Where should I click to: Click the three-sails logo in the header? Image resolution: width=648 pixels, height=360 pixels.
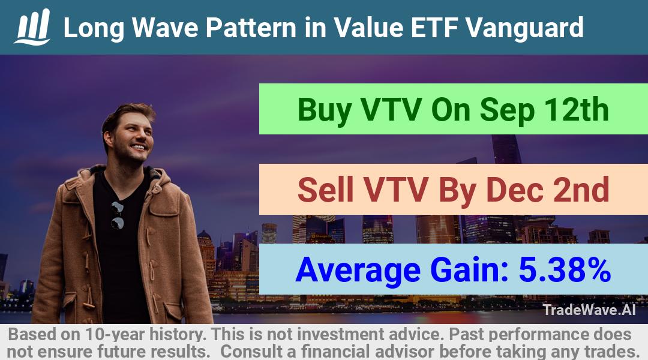coord(32,27)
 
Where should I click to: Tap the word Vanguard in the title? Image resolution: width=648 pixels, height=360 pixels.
coord(524,28)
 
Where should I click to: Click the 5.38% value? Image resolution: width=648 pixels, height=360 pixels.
coord(565,269)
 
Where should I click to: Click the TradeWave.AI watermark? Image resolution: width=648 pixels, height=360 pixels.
coord(589,310)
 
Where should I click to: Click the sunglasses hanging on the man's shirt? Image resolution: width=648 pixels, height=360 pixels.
coord(118,215)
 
